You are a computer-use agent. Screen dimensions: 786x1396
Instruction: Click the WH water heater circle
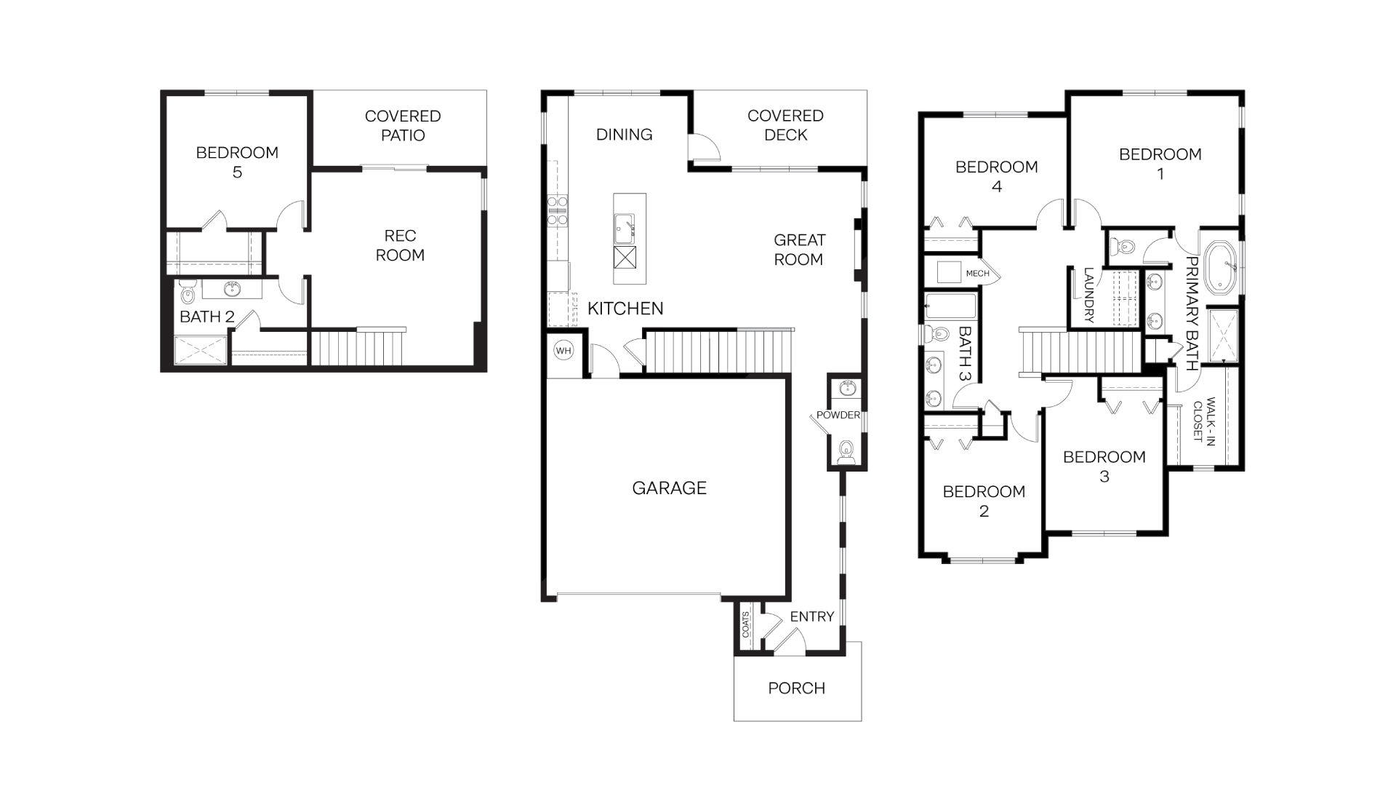pyautogui.click(x=563, y=351)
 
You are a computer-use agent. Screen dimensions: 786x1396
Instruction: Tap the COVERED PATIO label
pyautogui.click(x=403, y=126)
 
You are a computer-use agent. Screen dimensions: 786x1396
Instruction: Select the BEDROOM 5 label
pyautogui.click(x=237, y=162)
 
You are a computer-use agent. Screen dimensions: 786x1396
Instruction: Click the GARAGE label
pyautogui.click(x=669, y=488)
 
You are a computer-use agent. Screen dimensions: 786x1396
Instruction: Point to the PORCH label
pyautogui.click(x=796, y=688)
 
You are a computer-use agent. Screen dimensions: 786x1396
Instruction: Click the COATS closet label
pyautogui.click(x=746, y=624)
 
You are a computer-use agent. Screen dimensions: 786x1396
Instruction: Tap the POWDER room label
pyautogui.click(x=838, y=415)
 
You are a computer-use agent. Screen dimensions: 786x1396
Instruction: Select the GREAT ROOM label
pyautogui.click(x=798, y=250)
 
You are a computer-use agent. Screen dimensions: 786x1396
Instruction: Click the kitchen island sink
pyautogui.click(x=624, y=226)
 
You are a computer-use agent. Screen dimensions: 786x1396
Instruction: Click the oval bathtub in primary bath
pyautogui.click(x=1221, y=267)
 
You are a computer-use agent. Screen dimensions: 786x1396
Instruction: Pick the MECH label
pyautogui.click(x=977, y=274)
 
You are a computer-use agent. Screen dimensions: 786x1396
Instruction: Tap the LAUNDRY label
pyautogui.click(x=1088, y=295)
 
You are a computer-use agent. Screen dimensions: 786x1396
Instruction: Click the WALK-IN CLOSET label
pyautogui.click(x=1203, y=419)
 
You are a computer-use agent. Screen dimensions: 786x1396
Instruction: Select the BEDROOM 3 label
pyautogui.click(x=1104, y=466)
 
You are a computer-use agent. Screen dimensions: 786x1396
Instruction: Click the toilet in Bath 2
pyautogui.click(x=187, y=293)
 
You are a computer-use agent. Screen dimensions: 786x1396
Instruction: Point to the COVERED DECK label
pyautogui.click(x=785, y=125)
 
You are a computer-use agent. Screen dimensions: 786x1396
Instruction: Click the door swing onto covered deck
pyautogui.click(x=704, y=148)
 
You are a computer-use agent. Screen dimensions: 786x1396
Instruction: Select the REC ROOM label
pyautogui.click(x=399, y=245)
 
